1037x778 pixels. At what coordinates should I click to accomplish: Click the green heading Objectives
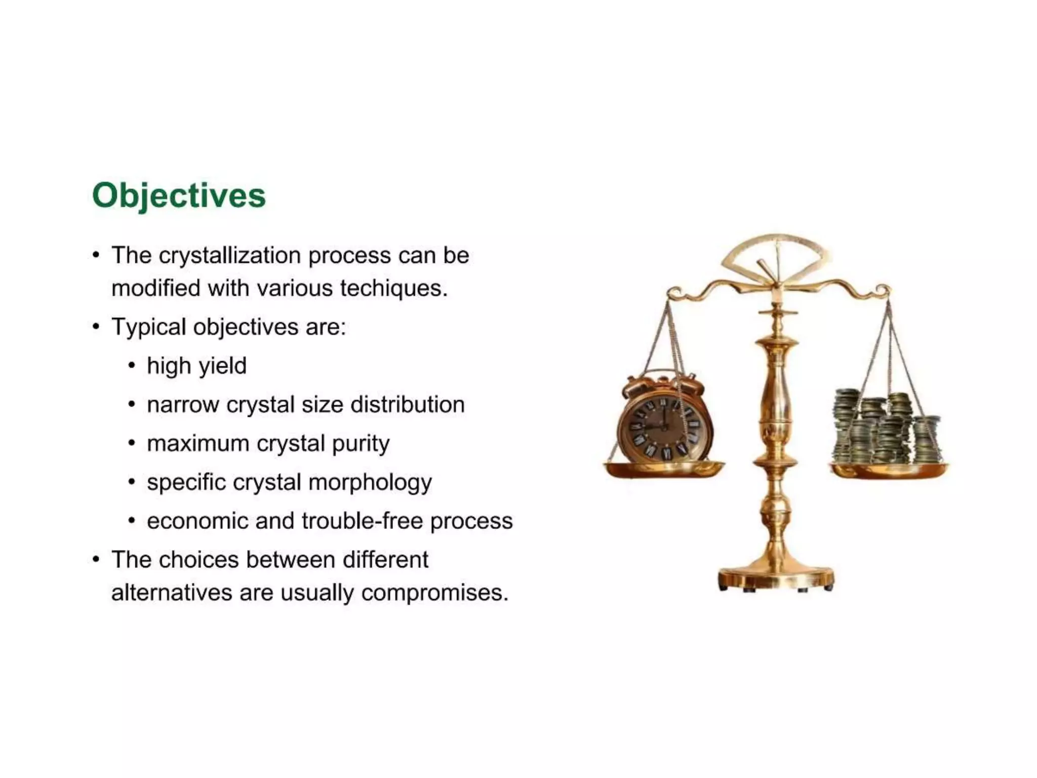179,196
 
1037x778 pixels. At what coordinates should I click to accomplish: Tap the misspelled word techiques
393,288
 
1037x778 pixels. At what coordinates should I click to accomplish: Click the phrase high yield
196,366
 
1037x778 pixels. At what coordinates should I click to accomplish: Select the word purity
361,444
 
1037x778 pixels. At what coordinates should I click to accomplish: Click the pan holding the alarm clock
664,470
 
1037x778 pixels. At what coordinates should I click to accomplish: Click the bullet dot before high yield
132,366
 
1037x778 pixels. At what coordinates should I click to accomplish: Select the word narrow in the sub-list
183,405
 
